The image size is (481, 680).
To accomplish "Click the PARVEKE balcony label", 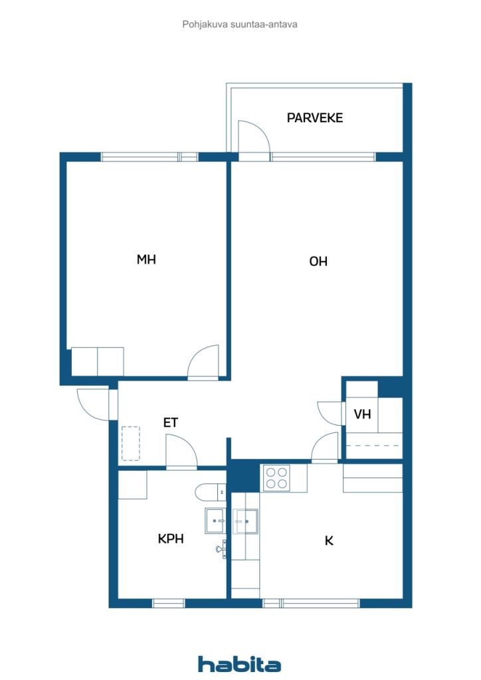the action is point(315,118).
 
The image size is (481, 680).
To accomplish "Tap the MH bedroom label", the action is point(146,260).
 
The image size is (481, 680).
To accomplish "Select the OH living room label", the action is point(318,261).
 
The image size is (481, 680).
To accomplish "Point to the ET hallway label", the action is point(171,422).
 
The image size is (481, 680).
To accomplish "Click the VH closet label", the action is point(362,414).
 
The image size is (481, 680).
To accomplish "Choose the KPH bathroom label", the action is point(171,539).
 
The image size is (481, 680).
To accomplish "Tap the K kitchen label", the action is point(329,541).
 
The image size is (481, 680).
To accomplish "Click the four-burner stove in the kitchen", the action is point(277,478).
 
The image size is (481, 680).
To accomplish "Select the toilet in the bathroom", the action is point(211,492).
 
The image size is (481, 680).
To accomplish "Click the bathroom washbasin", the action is point(215,521).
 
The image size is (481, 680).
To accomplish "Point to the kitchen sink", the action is point(246,521).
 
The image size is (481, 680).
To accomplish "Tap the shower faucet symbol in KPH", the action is point(222,549).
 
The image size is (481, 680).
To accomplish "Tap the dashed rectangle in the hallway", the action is point(131,443).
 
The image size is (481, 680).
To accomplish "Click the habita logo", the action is point(239,664).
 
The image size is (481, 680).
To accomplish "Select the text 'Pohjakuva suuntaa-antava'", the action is point(240,25).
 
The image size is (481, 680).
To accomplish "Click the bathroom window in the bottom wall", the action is point(169,603).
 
